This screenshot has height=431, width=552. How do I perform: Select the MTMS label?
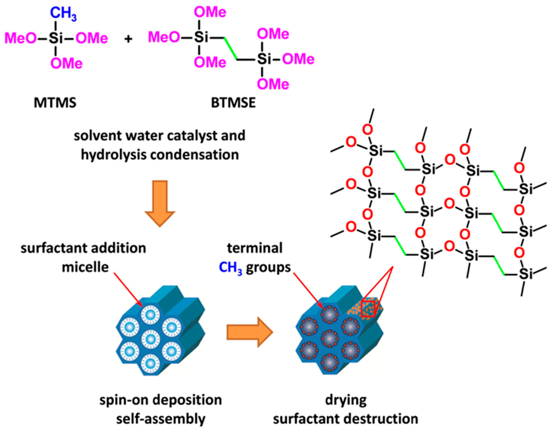click(x=55, y=103)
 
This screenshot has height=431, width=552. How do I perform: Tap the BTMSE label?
click(x=233, y=103)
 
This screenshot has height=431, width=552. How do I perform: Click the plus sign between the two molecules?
click(x=128, y=39)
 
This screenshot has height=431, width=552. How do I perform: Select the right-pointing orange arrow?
click(x=249, y=332)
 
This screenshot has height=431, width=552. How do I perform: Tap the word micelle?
click(x=85, y=267)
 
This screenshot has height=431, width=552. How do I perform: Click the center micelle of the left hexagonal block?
click(x=151, y=339)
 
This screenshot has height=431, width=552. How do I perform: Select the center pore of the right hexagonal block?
click(x=330, y=339)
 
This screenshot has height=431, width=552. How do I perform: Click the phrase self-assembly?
click(x=161, y=419)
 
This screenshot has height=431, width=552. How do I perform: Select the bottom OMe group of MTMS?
click(x=66, y=63)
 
